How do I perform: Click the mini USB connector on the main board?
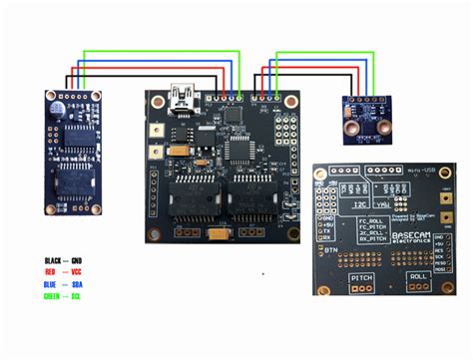click(183, 97)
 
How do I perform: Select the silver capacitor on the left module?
click(62, 104)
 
